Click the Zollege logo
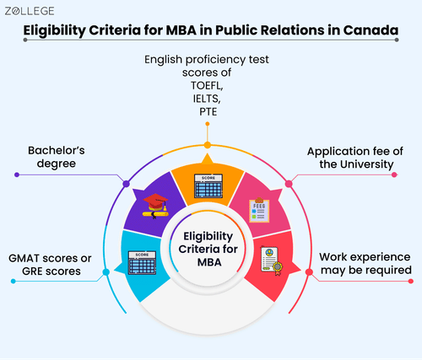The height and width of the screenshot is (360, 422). (x=30, y=11)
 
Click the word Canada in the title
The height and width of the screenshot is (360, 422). (x=371, y=30)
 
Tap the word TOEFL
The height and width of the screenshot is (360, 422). (x=207, y=85)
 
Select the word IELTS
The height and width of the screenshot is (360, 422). (x=207, y=99)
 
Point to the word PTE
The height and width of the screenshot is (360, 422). (x=208, y=112)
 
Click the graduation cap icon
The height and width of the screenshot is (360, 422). (x=155, y=206)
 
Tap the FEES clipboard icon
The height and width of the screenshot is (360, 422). (x=259, y=210)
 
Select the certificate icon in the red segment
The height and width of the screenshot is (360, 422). (x=272, y=261)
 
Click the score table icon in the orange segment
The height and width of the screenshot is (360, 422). (x=208, y=185)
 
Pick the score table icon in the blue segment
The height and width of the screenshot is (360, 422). (x=142, y=263)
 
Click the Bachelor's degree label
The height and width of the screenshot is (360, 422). (x=57, y=157)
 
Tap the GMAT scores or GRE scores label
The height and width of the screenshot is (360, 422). (x=50, y=265)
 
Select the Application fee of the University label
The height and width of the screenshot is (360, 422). (x=355, y=158)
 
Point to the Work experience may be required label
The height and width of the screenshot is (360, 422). (x=365, y=263)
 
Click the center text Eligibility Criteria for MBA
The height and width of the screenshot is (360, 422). (x=208, y=249)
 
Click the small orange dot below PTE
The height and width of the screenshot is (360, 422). (x=208, y=124)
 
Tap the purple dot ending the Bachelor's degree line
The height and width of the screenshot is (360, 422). (x=17, y=175)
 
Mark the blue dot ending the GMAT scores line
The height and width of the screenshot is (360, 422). (x=14, y=281)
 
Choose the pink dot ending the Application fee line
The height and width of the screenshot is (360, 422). (x=394, y=175)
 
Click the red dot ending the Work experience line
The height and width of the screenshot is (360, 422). (x=411, y=281)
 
